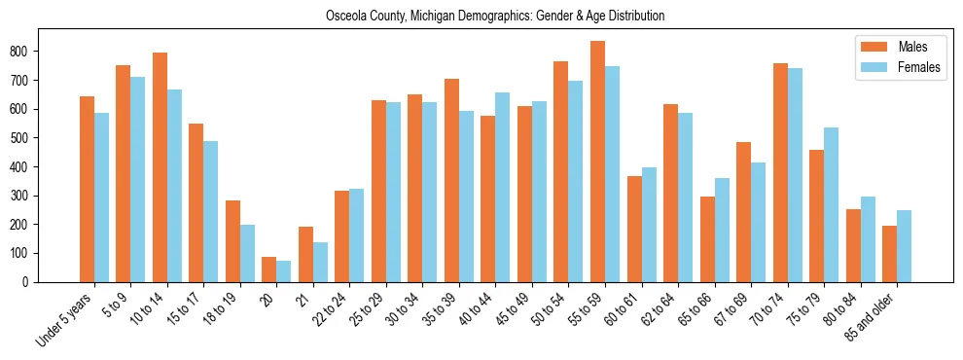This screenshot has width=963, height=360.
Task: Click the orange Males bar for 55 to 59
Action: (597, 162)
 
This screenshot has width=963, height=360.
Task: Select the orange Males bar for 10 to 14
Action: (160, 167)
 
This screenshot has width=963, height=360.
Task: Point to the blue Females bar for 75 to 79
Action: (831, 204)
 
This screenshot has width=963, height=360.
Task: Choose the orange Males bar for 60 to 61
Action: (634, 229)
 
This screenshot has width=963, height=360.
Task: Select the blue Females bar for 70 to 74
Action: (795, 175)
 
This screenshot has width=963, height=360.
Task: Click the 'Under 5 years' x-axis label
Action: (65, 320)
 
